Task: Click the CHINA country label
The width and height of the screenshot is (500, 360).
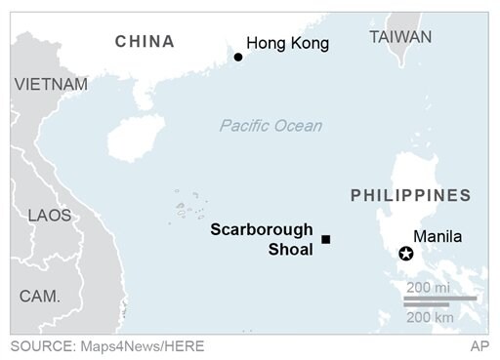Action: [145, 41]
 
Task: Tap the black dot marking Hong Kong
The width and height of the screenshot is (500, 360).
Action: [237, 58]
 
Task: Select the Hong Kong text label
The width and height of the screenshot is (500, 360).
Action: [287, 43]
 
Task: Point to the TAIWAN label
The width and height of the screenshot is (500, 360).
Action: [400, 37]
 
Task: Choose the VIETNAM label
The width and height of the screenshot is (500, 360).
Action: [51, 85]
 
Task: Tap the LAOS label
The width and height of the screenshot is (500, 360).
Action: [50, 215]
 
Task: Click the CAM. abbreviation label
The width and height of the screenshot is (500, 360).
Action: [40, 295]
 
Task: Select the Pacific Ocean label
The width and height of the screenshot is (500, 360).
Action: [271, 126]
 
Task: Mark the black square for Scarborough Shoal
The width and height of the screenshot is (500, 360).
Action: [326, 239]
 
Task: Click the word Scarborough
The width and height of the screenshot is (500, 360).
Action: [262, 230]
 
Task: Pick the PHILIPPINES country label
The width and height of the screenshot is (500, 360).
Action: [410, 195]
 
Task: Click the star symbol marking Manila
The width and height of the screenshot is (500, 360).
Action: [406, 255]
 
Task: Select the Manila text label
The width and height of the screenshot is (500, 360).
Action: [437, 236]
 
